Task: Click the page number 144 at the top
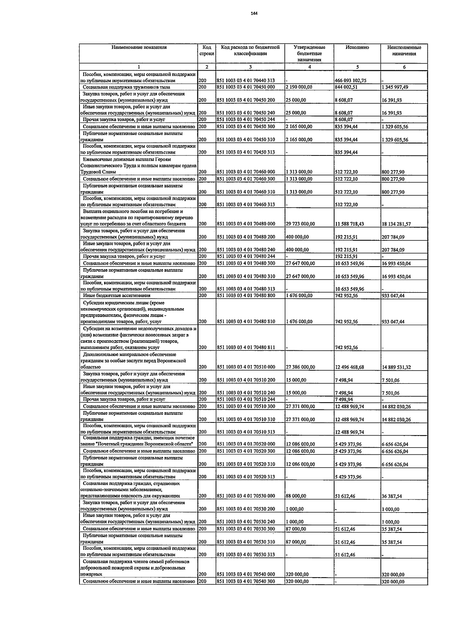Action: coord(255,14)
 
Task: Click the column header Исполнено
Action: coord(357,48)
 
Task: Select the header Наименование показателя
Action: coord(139,48)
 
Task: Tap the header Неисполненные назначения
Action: coord(404,51)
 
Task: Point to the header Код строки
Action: coord(207,51)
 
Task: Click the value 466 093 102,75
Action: coord(350,80)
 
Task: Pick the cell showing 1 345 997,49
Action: coord(395,87)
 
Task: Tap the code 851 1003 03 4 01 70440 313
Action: coord(246,80)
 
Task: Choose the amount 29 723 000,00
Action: coord(300,224)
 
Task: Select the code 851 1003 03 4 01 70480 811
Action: coord(246,347)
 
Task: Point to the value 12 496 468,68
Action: coord(349,367)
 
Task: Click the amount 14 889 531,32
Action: coord(396,367)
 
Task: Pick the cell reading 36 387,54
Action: coord(392,496)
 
